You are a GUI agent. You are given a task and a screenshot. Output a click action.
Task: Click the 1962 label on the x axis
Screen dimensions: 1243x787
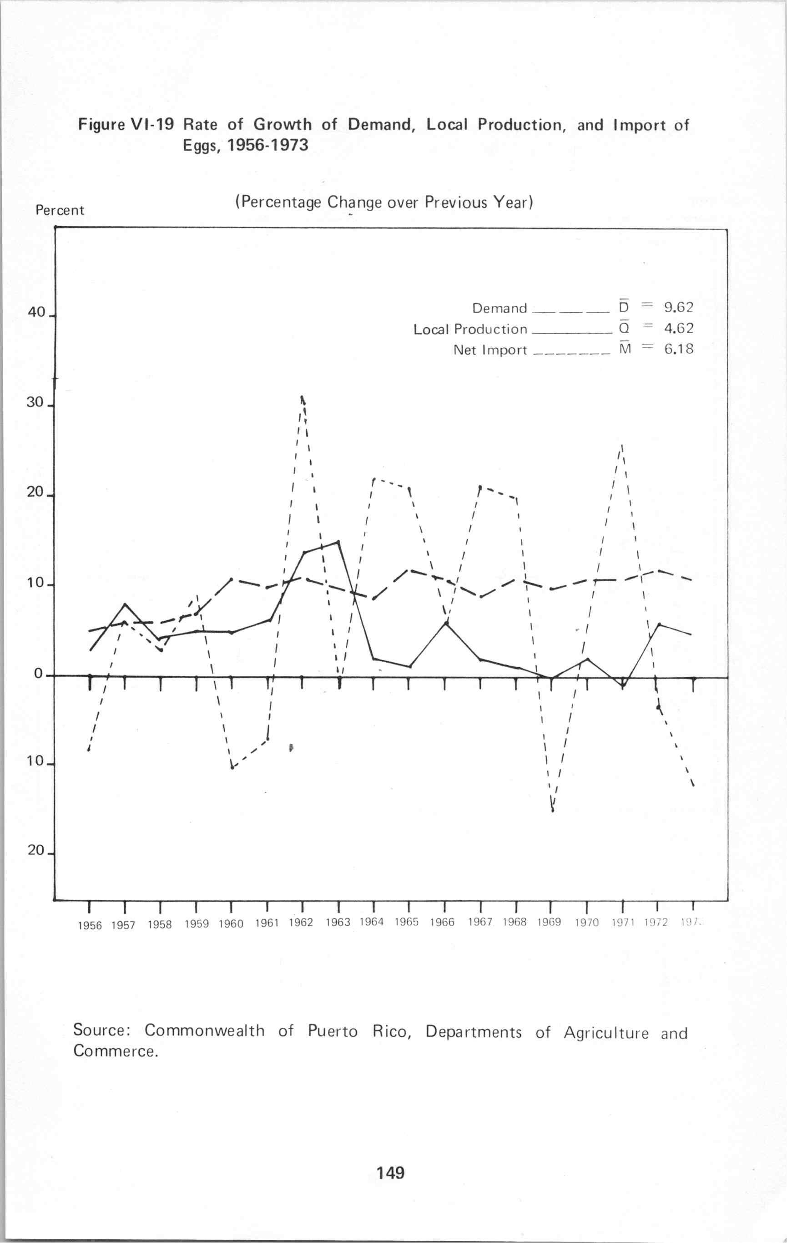(301, 923)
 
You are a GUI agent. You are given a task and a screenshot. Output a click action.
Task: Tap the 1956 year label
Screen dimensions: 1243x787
(90, 926)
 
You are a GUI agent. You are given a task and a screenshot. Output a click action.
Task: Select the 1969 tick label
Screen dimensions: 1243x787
(549, 923)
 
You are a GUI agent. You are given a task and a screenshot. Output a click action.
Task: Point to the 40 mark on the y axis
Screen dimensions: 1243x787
(37, 313)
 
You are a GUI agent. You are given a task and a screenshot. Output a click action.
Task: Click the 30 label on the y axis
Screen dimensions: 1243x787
(35, 403)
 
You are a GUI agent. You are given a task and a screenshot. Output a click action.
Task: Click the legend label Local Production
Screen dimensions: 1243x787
(470, 330)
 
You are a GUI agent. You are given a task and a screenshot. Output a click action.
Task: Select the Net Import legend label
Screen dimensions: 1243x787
(490, 350)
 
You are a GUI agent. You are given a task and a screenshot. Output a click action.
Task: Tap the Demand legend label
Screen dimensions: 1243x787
(499, 308)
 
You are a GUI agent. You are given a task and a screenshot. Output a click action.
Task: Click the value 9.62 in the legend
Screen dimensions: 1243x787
(678, 308)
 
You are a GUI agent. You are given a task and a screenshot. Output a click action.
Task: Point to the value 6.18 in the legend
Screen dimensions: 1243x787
(678, 350)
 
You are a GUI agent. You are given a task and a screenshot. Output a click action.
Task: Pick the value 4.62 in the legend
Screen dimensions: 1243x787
(678, 328)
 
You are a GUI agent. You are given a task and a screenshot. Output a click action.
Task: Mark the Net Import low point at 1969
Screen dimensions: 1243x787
(552, 810)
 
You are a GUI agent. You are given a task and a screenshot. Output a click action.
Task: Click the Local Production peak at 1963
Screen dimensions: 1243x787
(338, 542)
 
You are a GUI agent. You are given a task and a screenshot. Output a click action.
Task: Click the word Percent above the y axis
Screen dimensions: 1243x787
(59, 211)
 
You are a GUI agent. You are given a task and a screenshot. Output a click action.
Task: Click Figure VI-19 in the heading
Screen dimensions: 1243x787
(126, 125)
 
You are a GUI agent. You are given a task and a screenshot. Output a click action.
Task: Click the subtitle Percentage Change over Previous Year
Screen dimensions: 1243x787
(383, 202)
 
